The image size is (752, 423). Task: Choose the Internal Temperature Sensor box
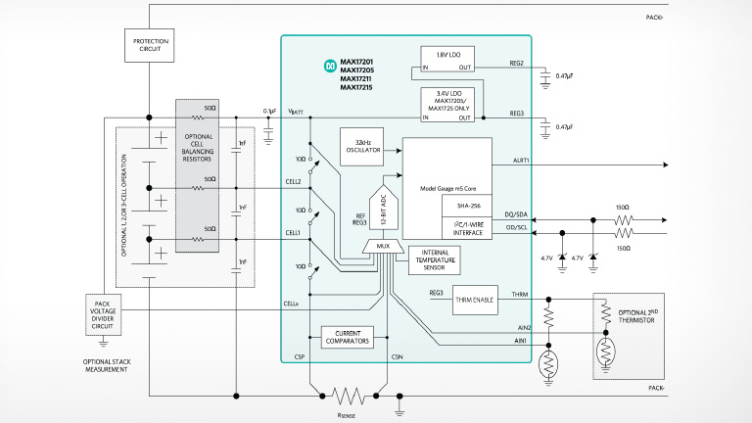(435, 259)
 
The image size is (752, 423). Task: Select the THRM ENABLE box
(477, 301)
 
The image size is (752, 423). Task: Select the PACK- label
(656, 389)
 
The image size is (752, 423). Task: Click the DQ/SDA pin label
(514, 213)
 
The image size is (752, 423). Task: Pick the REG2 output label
(515, 61)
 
